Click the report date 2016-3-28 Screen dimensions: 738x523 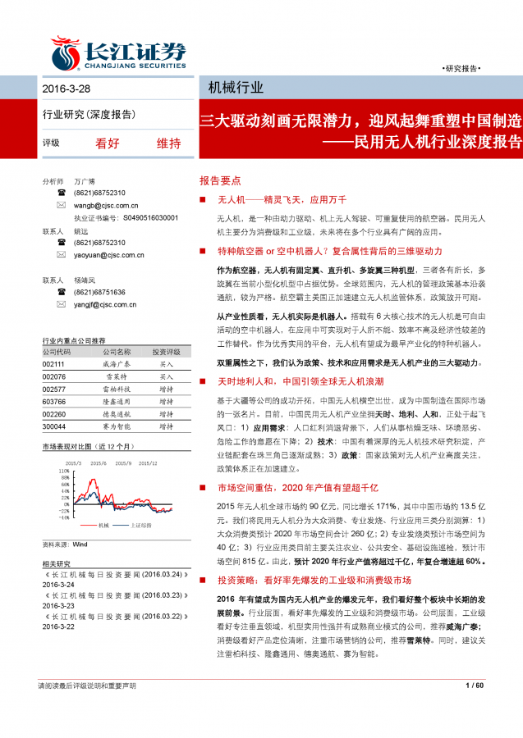click(x=69, y=88)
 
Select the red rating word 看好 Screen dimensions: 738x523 click(x=108, y=143)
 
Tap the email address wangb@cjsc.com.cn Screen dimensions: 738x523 click(x=106, y=206)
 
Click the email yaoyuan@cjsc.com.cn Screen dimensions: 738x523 click(x=109, y=255)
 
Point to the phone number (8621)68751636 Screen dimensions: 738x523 click(x=99, y=292)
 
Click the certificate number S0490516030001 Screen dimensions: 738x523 click(x=150, y=218)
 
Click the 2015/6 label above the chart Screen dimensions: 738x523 click(x=99, y=463)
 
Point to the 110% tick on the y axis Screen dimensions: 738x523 click(x=63, y=471)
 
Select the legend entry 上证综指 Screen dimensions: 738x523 click(x=140, y=525)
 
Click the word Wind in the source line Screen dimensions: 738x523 click(x=80, y=544)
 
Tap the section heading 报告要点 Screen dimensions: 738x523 click(x=220, y=180)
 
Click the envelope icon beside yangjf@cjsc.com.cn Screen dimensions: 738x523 click(x=62, y=304)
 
